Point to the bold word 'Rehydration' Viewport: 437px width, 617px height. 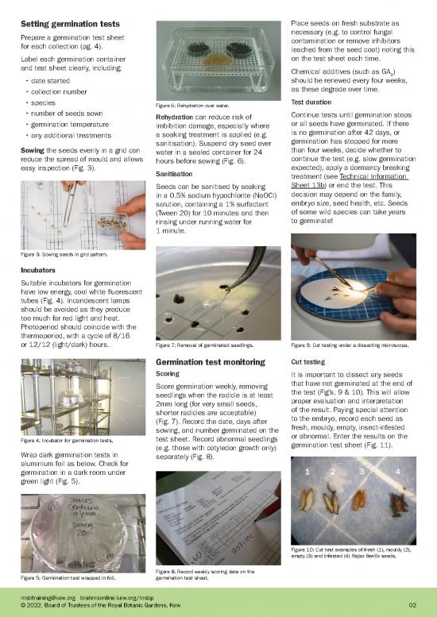click(x=179, y=118)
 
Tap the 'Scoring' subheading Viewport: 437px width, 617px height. click(x=168, y=373)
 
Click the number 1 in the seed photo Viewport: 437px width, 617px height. click(x=307, y=472)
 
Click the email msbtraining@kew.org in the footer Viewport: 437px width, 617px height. click(x=48, y=596)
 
